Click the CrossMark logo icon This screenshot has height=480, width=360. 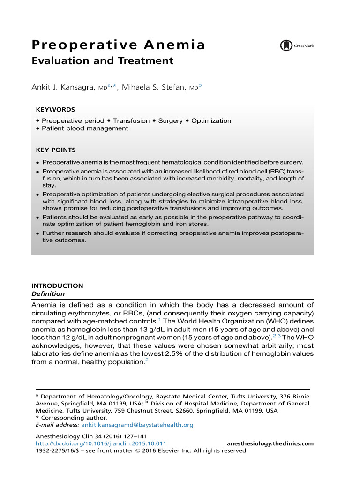coord(286,45)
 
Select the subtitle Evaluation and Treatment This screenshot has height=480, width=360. coord(102,61)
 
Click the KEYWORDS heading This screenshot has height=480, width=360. coord(55,110)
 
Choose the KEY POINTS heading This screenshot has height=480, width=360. coord(55,150)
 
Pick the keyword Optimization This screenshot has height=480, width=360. coord(211,120)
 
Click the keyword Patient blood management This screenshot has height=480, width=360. coord(85,128)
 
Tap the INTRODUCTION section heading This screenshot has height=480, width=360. coord(57,285)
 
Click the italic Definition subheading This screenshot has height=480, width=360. coord(48,293)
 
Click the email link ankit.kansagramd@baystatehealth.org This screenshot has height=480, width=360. coord(137,425)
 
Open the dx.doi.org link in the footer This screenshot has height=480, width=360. coord(101,443)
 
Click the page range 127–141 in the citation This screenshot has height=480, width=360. coord(127,436)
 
